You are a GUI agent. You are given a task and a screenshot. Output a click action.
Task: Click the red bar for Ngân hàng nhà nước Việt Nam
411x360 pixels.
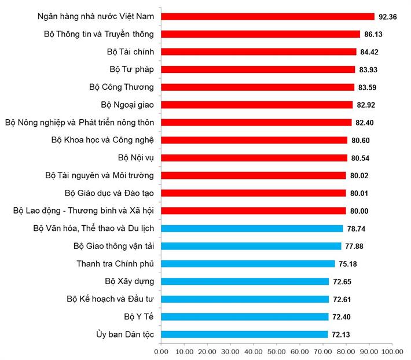pos(267,16)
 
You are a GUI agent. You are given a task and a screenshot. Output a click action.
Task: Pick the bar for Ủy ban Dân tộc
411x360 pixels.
pos(244,335)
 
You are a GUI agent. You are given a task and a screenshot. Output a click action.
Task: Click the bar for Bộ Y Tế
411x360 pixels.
pos(244,317)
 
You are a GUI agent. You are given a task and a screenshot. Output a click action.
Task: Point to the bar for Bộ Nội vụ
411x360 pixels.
pos(254,157)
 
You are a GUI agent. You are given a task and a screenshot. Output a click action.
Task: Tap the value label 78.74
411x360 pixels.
pos(357,229)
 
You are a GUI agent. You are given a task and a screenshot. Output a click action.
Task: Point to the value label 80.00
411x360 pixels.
pos(359,211)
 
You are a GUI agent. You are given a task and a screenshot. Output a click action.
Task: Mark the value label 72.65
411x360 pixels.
pos(342,282)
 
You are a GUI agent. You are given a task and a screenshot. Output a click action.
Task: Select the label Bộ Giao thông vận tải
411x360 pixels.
pos(113,246)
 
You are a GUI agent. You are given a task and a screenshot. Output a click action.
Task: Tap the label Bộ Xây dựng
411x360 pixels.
pos(130,281)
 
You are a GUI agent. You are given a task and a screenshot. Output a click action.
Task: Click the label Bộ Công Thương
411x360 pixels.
pos(122,87)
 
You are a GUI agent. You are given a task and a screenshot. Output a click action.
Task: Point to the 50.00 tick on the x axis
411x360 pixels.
pos(276,351)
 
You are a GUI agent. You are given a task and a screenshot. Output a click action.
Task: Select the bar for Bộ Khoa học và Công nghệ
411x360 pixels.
pos(254,140)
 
